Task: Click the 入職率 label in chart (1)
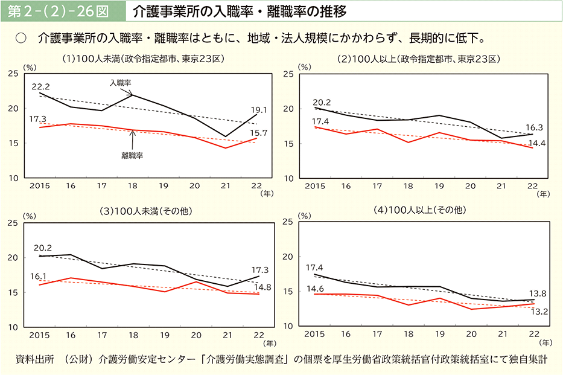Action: tap(120, 82)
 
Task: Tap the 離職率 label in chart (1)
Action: tap(132, 155)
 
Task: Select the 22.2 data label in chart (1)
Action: tap(40, 87)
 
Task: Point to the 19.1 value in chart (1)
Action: tap(259, 110)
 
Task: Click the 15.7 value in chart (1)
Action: tap(259, 132)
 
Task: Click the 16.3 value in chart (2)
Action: tap(535, 127)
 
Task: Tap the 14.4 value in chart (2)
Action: tap(535, 143)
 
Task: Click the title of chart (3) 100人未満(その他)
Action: tap(140, 211)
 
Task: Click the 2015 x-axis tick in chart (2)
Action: tap(315, 186)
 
